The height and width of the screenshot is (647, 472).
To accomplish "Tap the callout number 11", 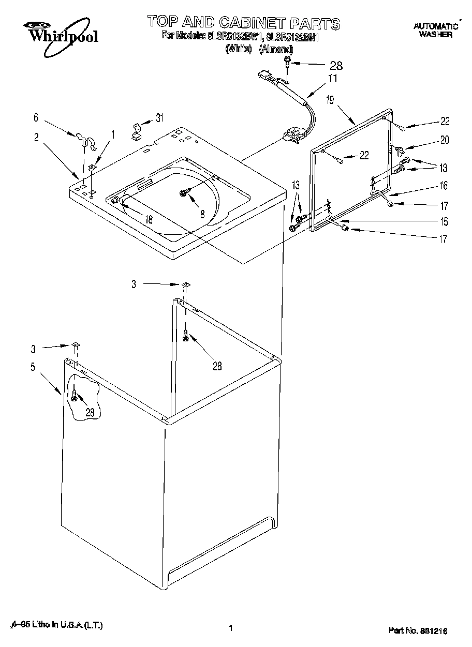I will [332, 79].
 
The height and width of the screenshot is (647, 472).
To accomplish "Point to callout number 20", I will [444, 140].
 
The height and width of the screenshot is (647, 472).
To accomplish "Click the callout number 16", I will [444, 185].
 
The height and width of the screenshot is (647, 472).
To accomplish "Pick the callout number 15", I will [444, 222].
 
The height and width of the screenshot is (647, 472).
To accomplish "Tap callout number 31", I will [159, 118].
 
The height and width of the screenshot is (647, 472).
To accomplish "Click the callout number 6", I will [36, 117].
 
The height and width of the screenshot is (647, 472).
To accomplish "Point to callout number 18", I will [149, 219].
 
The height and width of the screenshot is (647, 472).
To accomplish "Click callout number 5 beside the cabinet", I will [33, 367].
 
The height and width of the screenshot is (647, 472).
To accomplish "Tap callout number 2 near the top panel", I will [36, 137].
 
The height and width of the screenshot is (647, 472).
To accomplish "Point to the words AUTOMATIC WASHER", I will [435, 31].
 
